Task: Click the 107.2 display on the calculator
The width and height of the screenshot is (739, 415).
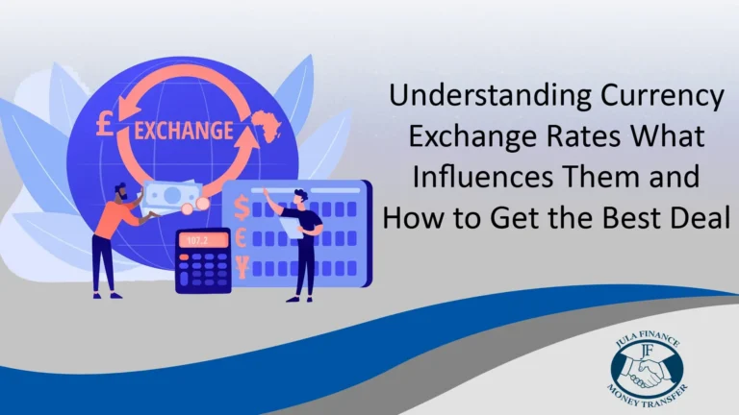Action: tap(202, 240)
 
